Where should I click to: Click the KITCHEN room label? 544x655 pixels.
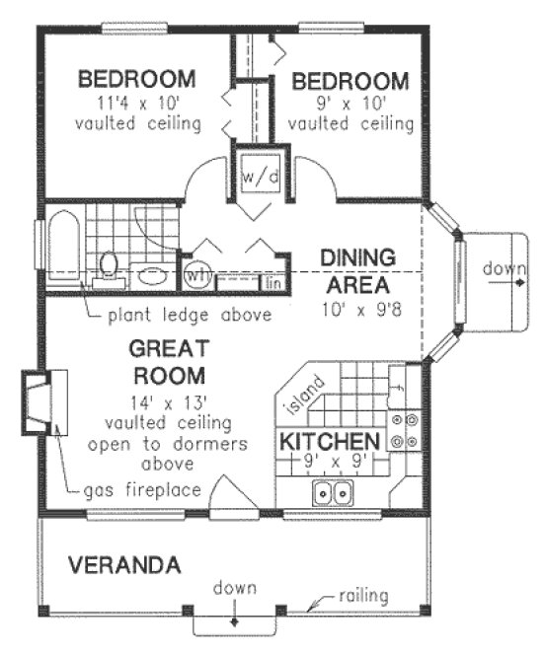[x=328, y=439]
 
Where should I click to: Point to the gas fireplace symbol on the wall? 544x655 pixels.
[x=41, y=402]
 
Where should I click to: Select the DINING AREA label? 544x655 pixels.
[x=356, y=269]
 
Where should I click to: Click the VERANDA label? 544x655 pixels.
[x=124, y=566]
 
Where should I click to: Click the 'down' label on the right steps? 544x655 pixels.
[x=500, y=268]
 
